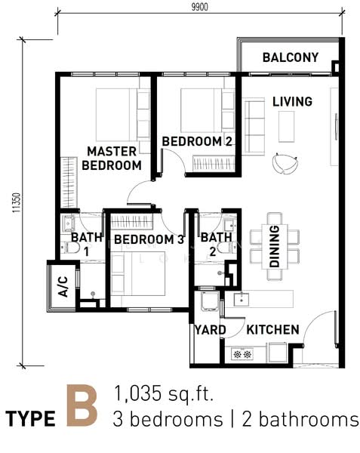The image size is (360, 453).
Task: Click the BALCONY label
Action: (291, 57)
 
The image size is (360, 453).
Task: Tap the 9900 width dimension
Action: (200, 7)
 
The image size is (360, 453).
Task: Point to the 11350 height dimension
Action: (17, 203)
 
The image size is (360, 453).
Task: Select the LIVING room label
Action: (292, 101)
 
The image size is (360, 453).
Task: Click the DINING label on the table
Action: (274, 246)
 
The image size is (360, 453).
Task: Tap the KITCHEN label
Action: (272, 330)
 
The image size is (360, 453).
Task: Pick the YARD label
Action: (210, 330)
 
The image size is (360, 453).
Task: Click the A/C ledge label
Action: (63, 287)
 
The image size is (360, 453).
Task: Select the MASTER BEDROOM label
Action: (112, 159)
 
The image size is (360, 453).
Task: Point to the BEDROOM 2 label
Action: (197, 141)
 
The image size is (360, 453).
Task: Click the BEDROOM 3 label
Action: (149, 239)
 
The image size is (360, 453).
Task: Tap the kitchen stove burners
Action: (242, 354)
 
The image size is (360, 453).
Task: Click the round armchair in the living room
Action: (285, 164)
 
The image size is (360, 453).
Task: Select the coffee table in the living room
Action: (286, 127)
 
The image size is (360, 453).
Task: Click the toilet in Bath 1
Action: (70, 248)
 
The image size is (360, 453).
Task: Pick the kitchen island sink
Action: (242, 299)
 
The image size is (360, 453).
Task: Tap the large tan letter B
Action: (82, 406)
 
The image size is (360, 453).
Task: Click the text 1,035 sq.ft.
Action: (164, 393)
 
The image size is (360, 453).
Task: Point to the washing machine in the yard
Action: (210, 301)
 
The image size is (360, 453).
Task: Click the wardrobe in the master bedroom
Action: (69, 183)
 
